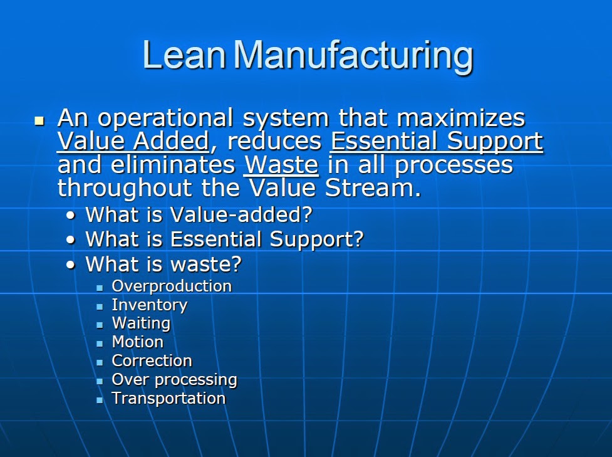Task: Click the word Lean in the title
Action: [x=184, y=56]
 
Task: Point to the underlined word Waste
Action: [x=281, y=165]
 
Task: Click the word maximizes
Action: [x=462, y=118]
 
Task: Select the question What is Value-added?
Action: [x=199, y=215]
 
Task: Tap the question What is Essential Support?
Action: [x=224, y=239]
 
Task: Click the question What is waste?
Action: [x=163, y=264]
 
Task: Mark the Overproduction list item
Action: [x=172, y=286]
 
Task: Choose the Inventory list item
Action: [x=149, y=305]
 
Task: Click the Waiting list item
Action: [x=141, y=323]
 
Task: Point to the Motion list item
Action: [x=137, y=342]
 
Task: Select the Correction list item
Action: [x=152, y=361]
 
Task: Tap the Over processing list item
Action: [x=174, y=380]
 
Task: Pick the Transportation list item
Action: [x=169, y=399]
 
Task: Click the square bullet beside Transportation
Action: [x=99, y=399]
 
